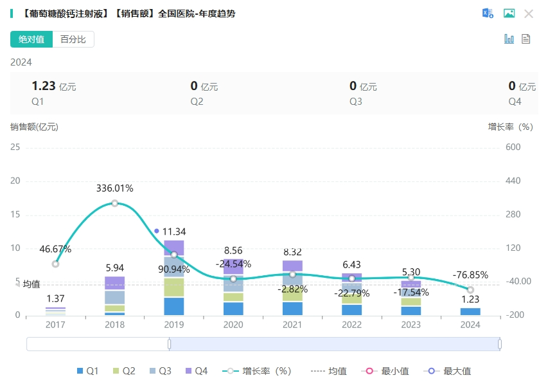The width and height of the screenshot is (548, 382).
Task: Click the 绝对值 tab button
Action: [31, 39]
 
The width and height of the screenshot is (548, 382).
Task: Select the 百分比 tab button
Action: [73, 39]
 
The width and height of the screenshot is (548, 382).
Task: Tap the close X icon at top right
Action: [529, 14]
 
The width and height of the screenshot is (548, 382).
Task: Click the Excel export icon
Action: [488, 14]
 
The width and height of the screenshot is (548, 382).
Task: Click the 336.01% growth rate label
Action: [114, 188]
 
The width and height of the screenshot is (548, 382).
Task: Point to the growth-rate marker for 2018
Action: [114, 203]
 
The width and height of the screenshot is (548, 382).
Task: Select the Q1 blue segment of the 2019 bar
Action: [173, 307]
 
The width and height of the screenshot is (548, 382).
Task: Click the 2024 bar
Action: [470, 312]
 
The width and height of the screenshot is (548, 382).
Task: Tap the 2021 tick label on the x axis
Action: [292, 325]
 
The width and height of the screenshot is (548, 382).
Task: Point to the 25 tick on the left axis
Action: [15, 147]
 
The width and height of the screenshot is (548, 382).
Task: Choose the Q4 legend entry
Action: [196, 371]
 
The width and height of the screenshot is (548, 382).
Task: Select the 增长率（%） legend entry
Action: [257, 371]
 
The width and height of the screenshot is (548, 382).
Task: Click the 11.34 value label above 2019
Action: [174, 232]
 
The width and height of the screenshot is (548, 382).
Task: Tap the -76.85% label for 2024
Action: [470, 275]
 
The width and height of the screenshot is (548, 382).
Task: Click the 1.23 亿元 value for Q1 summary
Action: [54, 86]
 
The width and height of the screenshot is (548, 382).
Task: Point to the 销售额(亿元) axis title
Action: [34, 127]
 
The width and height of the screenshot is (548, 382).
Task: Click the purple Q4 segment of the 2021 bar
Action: [292, 266]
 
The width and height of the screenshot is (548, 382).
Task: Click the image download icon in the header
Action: [509, 14]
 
